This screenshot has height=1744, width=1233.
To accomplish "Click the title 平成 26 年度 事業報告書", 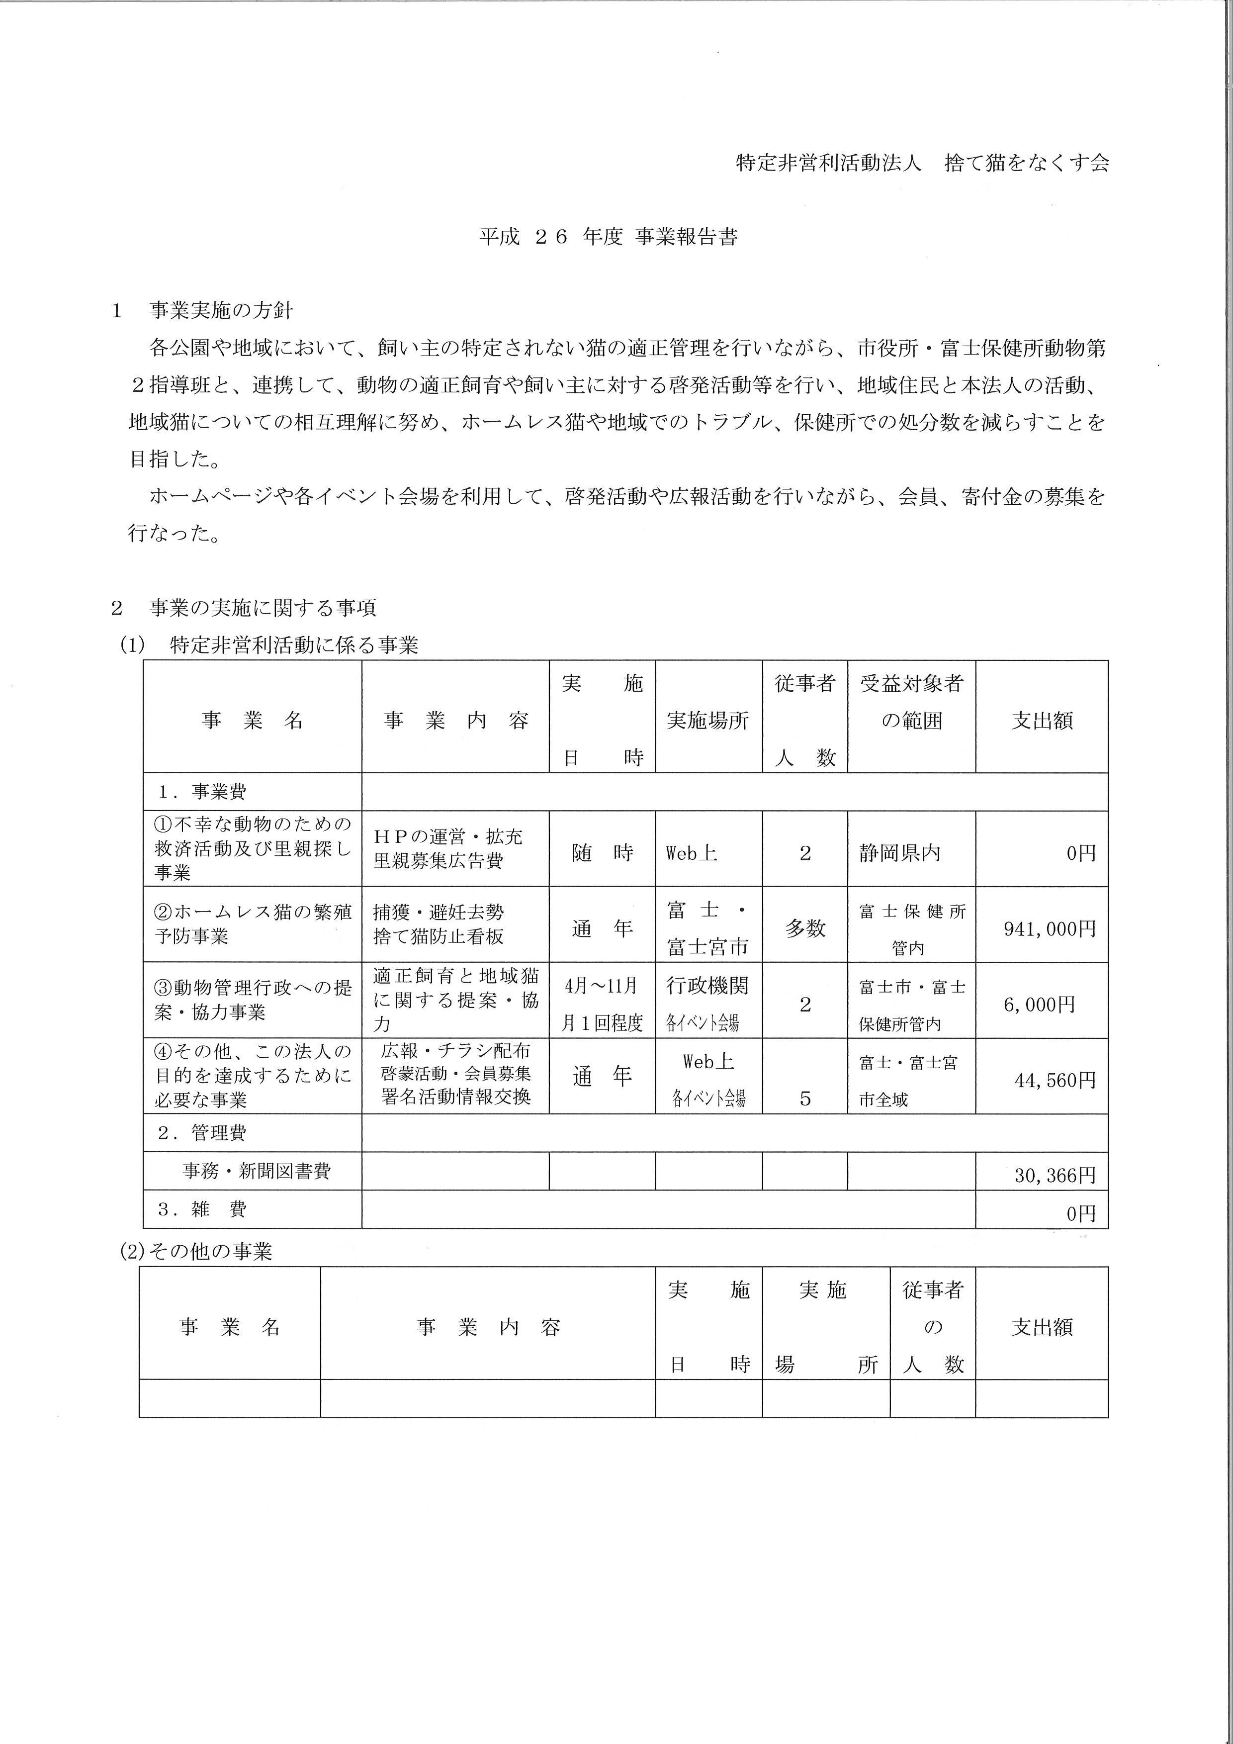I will (x=608, y=237).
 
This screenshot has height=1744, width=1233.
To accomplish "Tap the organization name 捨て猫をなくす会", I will (x=1027, y=163).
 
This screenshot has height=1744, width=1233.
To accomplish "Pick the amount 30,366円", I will (x=1055, y=1175).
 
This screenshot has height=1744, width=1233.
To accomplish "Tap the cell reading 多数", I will (x=805, y=928).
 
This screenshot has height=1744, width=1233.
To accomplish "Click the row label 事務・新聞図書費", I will (x=256, y=1171).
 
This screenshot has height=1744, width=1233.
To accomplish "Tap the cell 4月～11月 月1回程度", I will (x=602, y=1004).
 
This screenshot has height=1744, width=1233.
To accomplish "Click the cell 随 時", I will (x=602, y=853).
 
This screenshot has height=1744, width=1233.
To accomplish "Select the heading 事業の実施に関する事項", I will (x=262, y=608).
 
